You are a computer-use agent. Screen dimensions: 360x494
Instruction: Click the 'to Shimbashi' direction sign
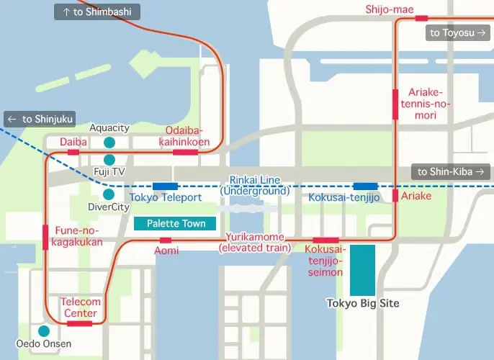pos(97,12)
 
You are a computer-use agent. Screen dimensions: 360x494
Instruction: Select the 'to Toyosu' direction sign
pos(457,32)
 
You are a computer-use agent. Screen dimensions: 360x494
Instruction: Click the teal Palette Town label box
pos(176,224)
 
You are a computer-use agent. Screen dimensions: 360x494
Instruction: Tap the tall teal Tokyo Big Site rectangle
pos(362,269)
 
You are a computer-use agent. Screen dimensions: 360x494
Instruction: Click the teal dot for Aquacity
pos(109,143)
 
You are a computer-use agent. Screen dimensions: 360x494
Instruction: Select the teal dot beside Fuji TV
pos(109,160)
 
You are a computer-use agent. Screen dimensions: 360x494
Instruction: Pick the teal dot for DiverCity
pos(109,194)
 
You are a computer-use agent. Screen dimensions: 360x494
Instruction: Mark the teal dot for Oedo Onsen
pos(44,331)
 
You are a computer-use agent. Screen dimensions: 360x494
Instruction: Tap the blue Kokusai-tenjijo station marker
pos(365,186)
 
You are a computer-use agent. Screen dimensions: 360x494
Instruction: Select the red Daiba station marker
pos(73,153)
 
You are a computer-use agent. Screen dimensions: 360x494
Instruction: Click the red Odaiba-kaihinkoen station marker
pos(185,153)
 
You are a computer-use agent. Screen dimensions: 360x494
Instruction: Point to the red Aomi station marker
pos(166,240)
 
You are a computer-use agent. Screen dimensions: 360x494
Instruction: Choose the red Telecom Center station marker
pos(79,323)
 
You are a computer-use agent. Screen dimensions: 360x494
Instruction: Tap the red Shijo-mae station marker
pos(421,18)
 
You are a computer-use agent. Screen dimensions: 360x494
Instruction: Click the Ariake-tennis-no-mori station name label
pos(430,104)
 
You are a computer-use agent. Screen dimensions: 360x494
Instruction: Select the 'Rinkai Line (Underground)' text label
pos(254,185)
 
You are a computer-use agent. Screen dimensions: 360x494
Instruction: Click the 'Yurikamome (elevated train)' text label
pos(255,243)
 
